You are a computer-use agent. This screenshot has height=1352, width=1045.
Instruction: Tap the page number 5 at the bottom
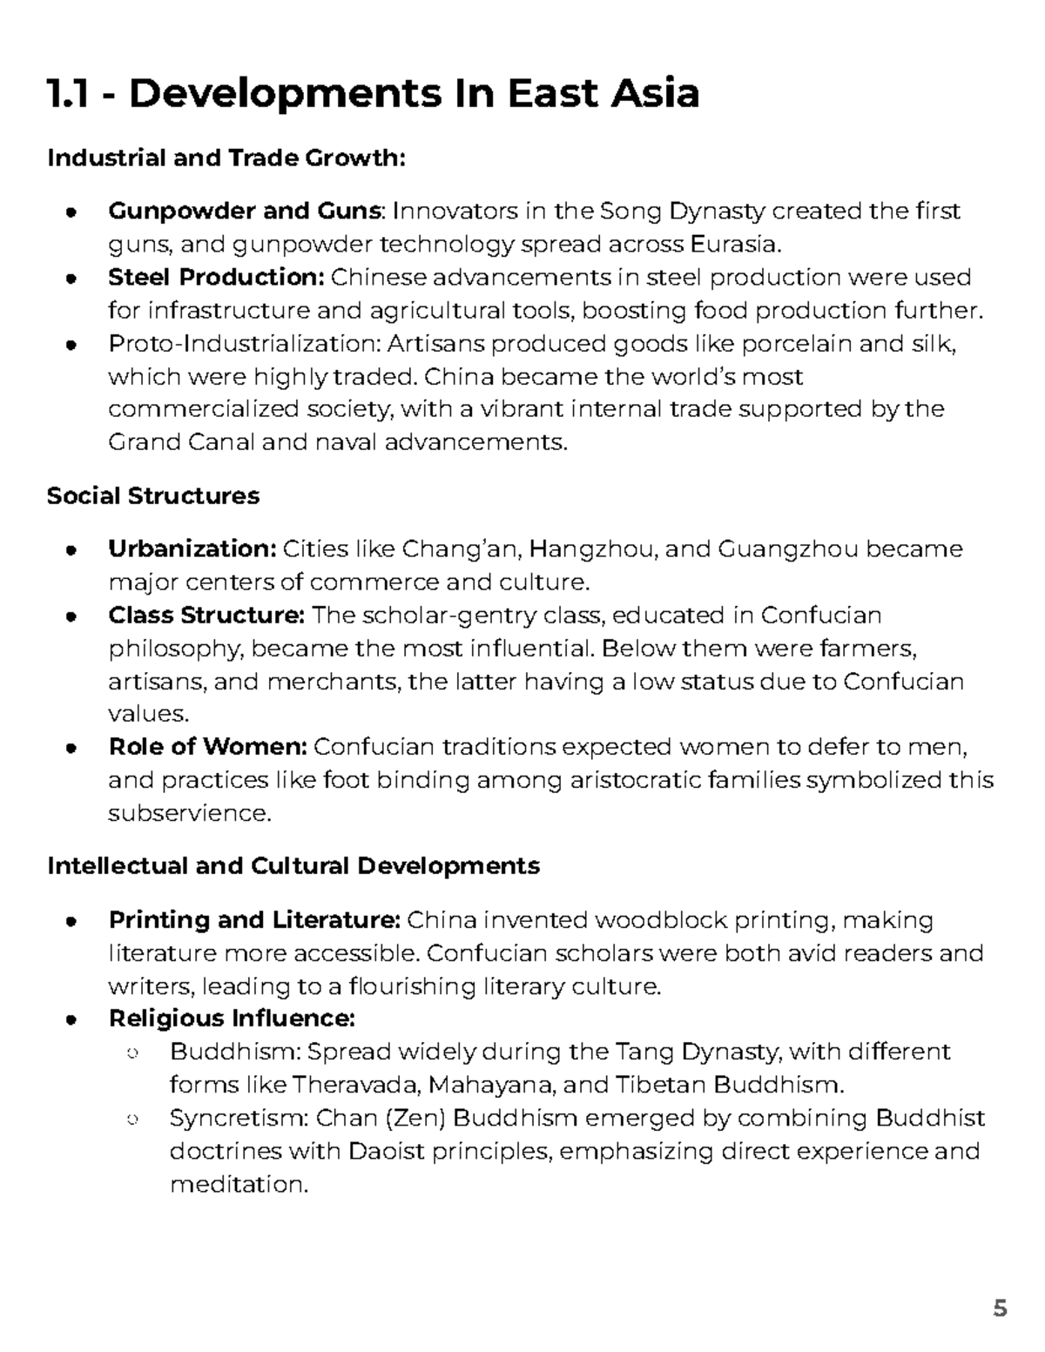click(1000, 1308)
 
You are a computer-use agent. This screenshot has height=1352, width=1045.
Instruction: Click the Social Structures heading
click(153, 495)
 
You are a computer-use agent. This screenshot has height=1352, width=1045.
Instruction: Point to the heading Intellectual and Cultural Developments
click(293, 865)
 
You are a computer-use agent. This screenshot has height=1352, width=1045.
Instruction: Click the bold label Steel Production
click(216, 277)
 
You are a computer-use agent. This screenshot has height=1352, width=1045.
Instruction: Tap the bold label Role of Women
click(207, 747)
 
